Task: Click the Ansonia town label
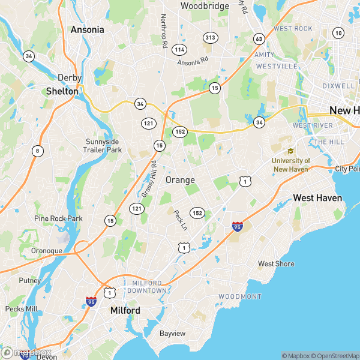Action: pos(87,29)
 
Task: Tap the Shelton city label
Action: pos(62,91)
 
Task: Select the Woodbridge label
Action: pos(205,6)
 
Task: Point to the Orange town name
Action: pos(180,180)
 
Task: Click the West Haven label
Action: pos(317,198)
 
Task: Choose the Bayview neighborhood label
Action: pos(172,333)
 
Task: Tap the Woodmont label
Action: pos(240,297)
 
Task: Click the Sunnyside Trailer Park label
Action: pos(103,146)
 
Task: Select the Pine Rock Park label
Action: pos(58,218)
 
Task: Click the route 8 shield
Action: pos(38,151)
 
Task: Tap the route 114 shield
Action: pos(179,49)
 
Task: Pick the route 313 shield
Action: pos(210,37)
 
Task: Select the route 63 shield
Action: pos(259,39)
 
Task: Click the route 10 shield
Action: pos(339,33)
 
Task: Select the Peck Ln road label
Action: pos(180,220)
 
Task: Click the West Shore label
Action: pos(276,263)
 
